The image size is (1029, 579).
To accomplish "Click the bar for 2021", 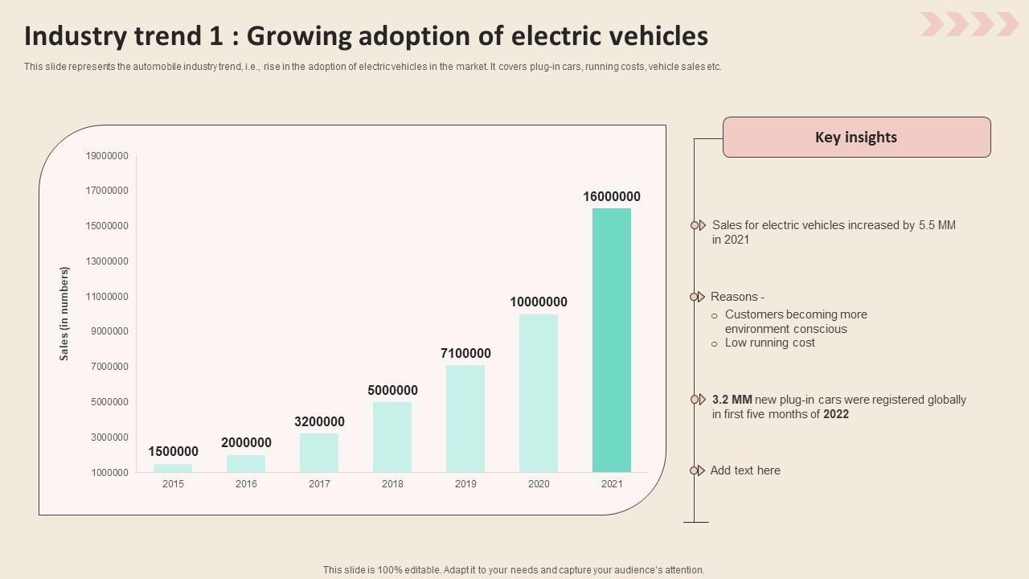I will [612, 340].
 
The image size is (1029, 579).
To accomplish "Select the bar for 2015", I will [173, 468].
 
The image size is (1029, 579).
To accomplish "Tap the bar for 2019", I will [465, 418].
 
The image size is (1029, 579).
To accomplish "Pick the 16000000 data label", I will [612, 196].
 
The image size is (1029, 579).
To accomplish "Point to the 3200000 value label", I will [319, 421].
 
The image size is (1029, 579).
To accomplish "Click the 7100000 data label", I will [465, 353].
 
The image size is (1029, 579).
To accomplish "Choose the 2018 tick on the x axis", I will [392, 484].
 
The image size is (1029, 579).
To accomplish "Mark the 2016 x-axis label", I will [246, 484].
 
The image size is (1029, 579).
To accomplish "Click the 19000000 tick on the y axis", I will [107, 155].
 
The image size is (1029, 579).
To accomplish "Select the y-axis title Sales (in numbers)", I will [64, 314].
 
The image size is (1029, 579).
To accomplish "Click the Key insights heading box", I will [856, 137].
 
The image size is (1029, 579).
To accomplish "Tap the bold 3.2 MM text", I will [732, 400].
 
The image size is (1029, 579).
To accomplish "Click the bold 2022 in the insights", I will [836, 414].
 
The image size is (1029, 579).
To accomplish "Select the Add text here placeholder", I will [745, 470].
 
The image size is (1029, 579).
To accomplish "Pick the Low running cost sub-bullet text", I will [769, 343].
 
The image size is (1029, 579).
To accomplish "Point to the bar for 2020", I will [539, 393].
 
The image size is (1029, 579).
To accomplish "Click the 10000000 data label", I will [539, 302].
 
